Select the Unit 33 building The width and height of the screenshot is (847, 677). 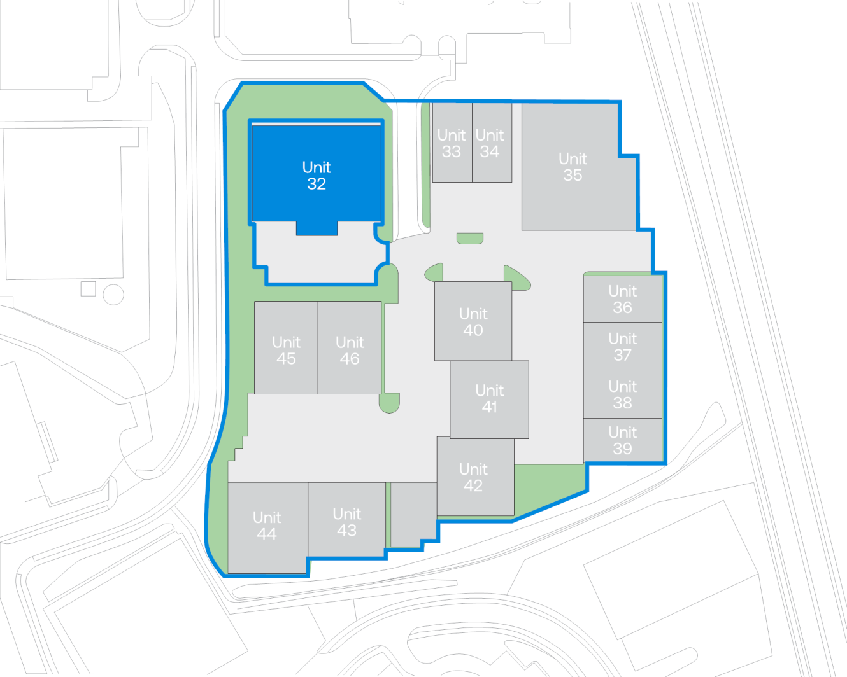tap(452, 143)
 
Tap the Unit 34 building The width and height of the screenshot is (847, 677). tap(492, 143)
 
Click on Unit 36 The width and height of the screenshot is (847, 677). tap(623, 299)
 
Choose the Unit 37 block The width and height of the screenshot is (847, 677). tap(623, 346)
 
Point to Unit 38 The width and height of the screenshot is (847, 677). tap(623, 394)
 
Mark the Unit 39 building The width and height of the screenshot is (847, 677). tap(623, 440)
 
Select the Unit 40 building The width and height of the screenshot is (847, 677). tap(473, 321)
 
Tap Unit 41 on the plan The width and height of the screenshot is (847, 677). tap(489, 400)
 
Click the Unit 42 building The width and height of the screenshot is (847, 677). tap(476, 477)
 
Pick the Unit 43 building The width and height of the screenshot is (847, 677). tap(346, 520)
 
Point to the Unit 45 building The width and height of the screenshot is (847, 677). tap(286, 348)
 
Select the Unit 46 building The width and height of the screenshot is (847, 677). tap(350, 348)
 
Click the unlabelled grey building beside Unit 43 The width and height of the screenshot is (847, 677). tap(414, 515)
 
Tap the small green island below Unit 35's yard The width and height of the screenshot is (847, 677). tap(470, 239)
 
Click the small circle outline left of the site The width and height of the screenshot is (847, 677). tap(113, 294)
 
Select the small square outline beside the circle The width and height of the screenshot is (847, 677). tap(88, 289)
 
